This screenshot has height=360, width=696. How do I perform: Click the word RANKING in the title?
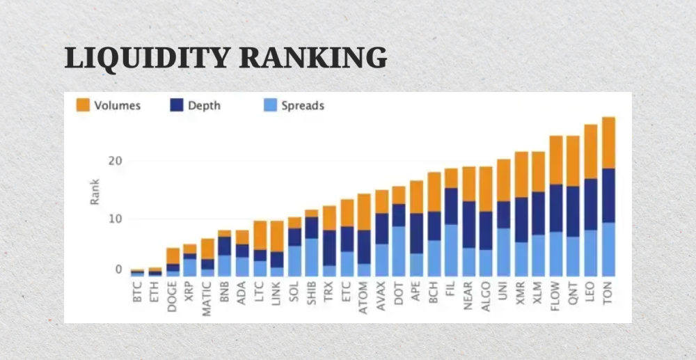pyautogui.click(x=313, y=58)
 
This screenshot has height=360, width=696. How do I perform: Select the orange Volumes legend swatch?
pyautogui.click(x=83, y=106)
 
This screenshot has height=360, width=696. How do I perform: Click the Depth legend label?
pyautogui.click(x=204, y=106)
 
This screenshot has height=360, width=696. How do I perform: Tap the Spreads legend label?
pyautogui.click(x=303, y=106)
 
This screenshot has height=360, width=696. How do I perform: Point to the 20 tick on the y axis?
pyautogui.click(x=114, y=161)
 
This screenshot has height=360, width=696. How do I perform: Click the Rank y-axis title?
pyautogui.click(x=95, y=191)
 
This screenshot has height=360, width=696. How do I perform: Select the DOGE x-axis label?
pyautogui.click(x=173, y=296)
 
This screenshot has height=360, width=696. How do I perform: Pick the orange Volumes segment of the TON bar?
pyautogui.click(x=608, y=143)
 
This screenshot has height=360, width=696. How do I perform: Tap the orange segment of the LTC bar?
pyautogui.click(x=260, y=235)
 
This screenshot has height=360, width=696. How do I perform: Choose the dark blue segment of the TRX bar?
pyautogui.click(x=329, y=247)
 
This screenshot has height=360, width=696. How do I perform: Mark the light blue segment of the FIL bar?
pyautogui.click(x=451, y=250)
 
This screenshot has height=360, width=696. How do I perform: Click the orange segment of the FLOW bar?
pyautogui.click(x=556, y=160)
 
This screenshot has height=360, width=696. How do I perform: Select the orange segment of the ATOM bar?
pyautogui.click(x=364, y=212)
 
